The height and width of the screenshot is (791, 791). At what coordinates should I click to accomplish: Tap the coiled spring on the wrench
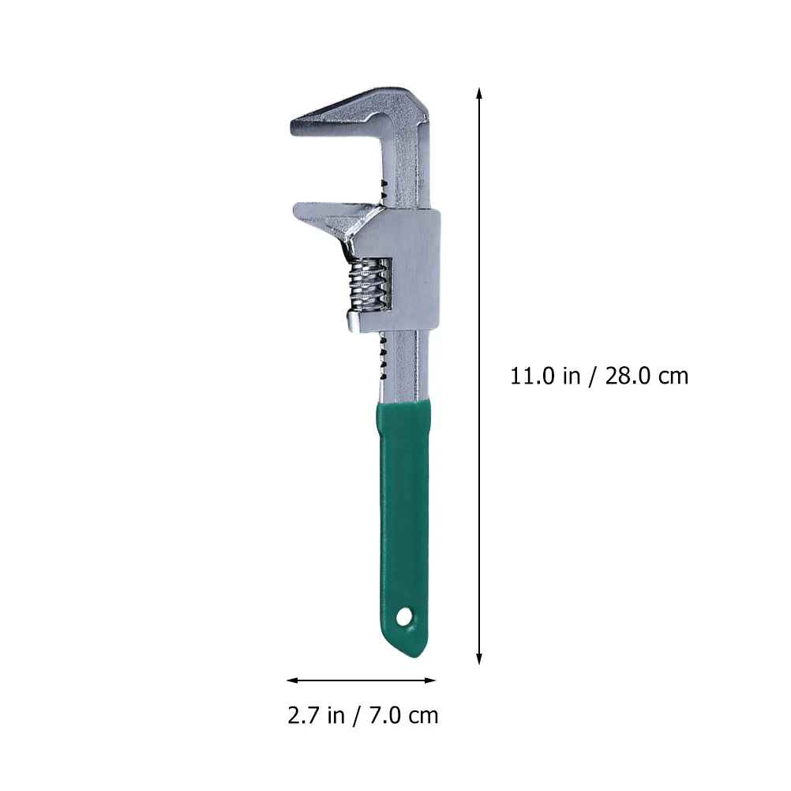click(369, 285)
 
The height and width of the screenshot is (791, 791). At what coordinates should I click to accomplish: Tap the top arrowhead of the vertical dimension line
click(479, 92)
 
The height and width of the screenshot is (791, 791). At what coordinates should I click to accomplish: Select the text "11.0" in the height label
click(534, 376)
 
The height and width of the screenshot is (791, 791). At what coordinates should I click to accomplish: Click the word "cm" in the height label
click(673, 376)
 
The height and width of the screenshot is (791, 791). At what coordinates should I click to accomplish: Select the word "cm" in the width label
click(423, 716)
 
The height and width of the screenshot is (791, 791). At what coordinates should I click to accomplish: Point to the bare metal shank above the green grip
click(403, 371)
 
